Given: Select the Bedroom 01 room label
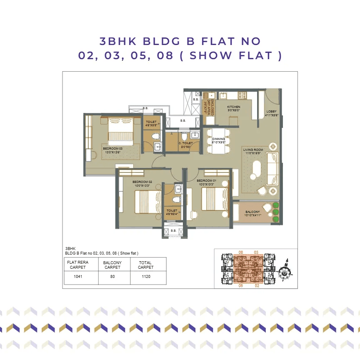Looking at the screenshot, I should click(207, 182).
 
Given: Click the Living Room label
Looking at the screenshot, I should click(253, 152).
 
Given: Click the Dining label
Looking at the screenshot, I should click(218, 140).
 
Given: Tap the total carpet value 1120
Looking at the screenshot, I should click(146, 277).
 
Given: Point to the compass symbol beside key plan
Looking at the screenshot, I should click(285, 270).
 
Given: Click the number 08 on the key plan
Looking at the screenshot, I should click(240, 252).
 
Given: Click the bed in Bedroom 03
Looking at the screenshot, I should click(120, 130).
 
